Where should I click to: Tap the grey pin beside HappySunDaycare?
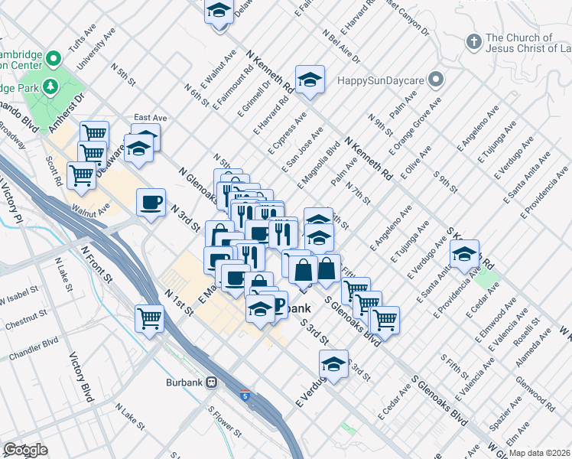pyautogui.click(x=436, y=80)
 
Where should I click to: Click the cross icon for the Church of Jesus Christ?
pyautogui.click(x=473, y=40)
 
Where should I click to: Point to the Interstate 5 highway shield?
pyautogui.click(x=244, y=396)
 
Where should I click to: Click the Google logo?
pyautogui.click(x=25, y=450)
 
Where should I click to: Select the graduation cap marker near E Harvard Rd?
pyautogui.click(x=310, y=80)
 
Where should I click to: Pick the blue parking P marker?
pyautogui.click(x=277, y=307)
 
